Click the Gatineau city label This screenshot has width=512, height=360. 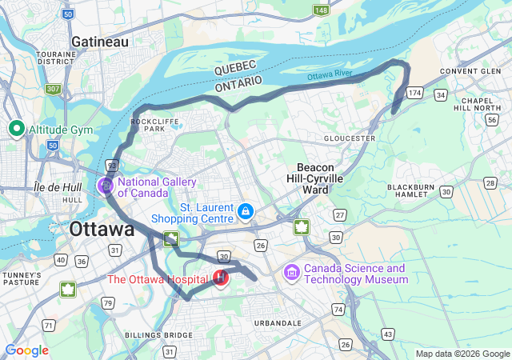pos(100,41)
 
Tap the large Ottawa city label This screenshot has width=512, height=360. pos(102,230)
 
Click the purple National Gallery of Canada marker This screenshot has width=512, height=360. pos(106,186)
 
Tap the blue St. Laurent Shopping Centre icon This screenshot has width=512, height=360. pos(246,212)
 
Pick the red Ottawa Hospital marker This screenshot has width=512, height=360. pos(220,279)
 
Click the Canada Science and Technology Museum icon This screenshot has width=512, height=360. pos(292,274)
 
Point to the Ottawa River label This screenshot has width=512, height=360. pos(330,75)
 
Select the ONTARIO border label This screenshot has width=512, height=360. pos(238,82)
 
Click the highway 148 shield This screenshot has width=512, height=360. pos(320,10)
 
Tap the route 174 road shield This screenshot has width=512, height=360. pos(414,94)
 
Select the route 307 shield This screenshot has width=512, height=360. pos(54,89)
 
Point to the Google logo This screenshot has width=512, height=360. pos(27,350)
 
